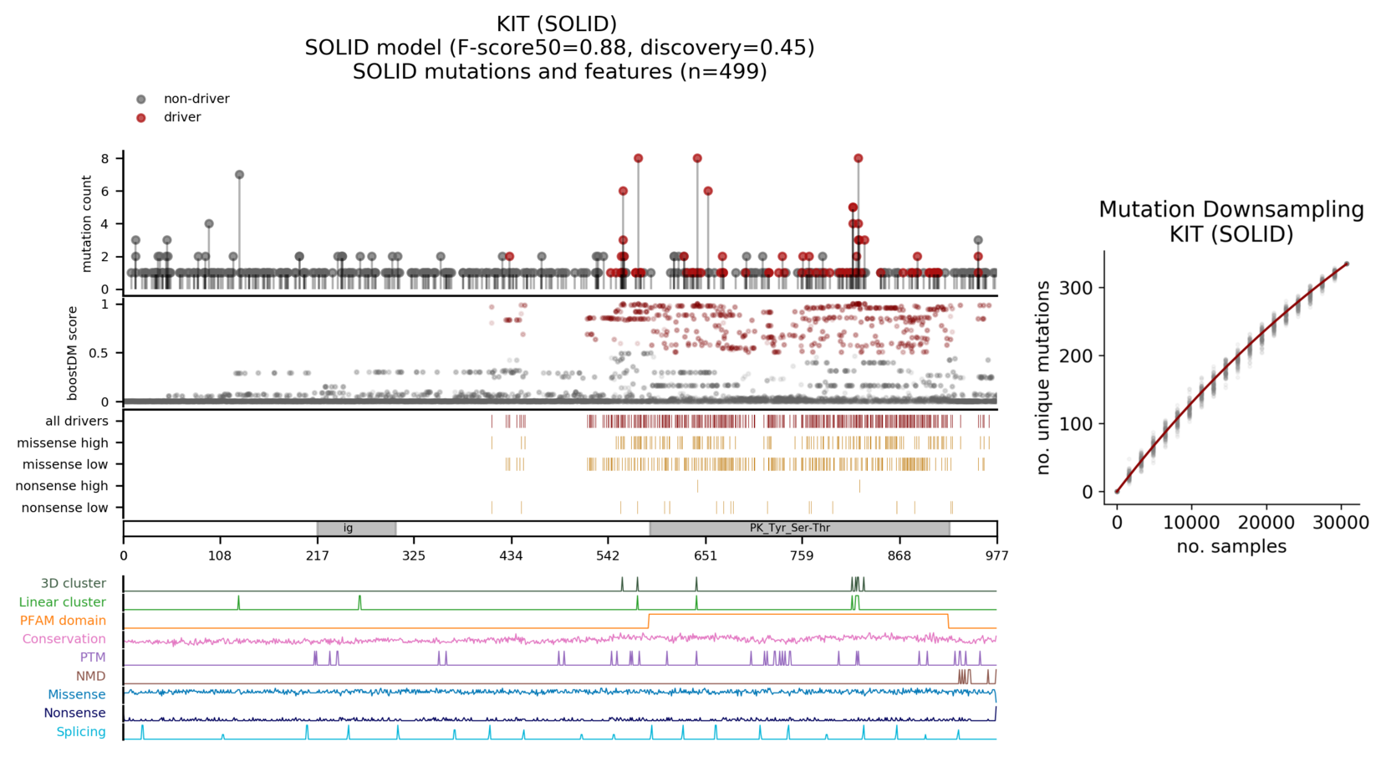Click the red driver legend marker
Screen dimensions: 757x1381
coord(140,118)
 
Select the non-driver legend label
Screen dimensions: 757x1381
coord(196,99)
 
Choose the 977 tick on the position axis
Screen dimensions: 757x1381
coord(996,556)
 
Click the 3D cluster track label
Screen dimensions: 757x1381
coord(74,584)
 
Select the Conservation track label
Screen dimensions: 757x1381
coord(64,639)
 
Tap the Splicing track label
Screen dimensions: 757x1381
coord(81,732)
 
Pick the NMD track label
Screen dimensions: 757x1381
coord(90,677)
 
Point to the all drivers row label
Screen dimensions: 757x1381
coord(77,422)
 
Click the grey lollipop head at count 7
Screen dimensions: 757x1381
coord(239,175)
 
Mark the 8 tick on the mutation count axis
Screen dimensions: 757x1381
coord(105,159)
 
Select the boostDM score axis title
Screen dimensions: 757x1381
coord(73,353)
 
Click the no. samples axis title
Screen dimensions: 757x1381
coord(1231,547)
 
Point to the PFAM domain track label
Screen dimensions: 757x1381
coord(63,621)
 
